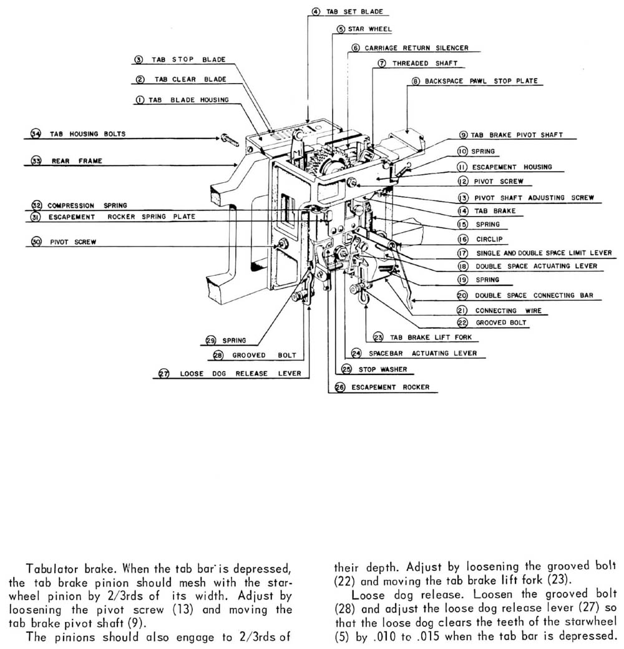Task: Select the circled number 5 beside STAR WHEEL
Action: coord(341,29)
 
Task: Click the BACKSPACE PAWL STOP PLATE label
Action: coord(480,81)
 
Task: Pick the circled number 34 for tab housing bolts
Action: coord(36,134)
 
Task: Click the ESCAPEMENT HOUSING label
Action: coord(512,167)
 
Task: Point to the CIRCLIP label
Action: coord(489,238)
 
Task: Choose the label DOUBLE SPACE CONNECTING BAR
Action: coord(534,295)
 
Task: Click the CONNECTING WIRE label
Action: coord(504,310)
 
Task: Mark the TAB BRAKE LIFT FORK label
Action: coord(431,338)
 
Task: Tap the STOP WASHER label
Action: coord(383,369)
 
